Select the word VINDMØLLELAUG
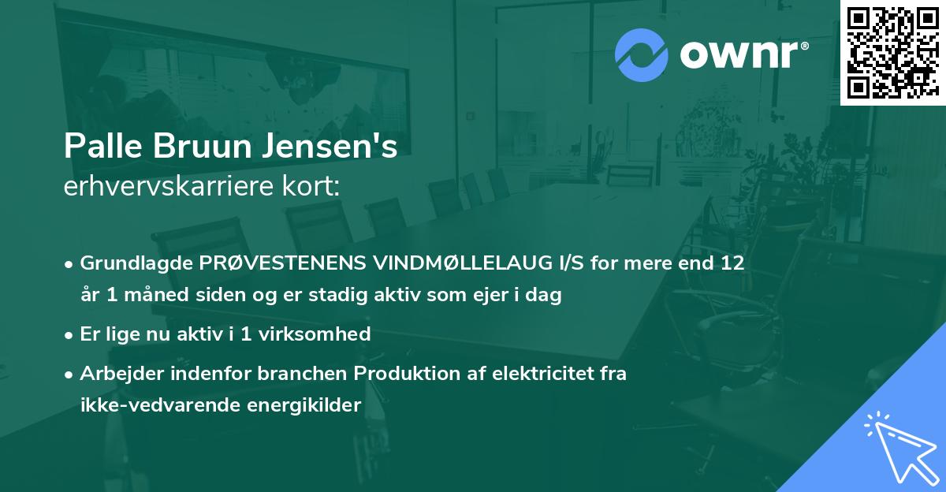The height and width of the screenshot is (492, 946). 438,263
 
